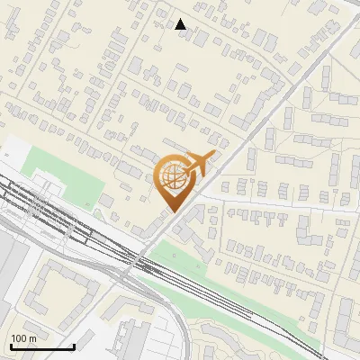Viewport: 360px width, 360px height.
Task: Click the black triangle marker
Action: [181, 24]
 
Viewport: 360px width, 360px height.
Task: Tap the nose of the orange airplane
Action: [212, 155]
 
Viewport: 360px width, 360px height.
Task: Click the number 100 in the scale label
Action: [18, 338]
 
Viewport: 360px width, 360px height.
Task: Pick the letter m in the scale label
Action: [31, 338]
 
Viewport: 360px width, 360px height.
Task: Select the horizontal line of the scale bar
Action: [42, 346]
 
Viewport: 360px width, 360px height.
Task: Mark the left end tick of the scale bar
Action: [11, 345]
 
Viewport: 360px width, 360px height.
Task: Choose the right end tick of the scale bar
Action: [74, 345]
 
